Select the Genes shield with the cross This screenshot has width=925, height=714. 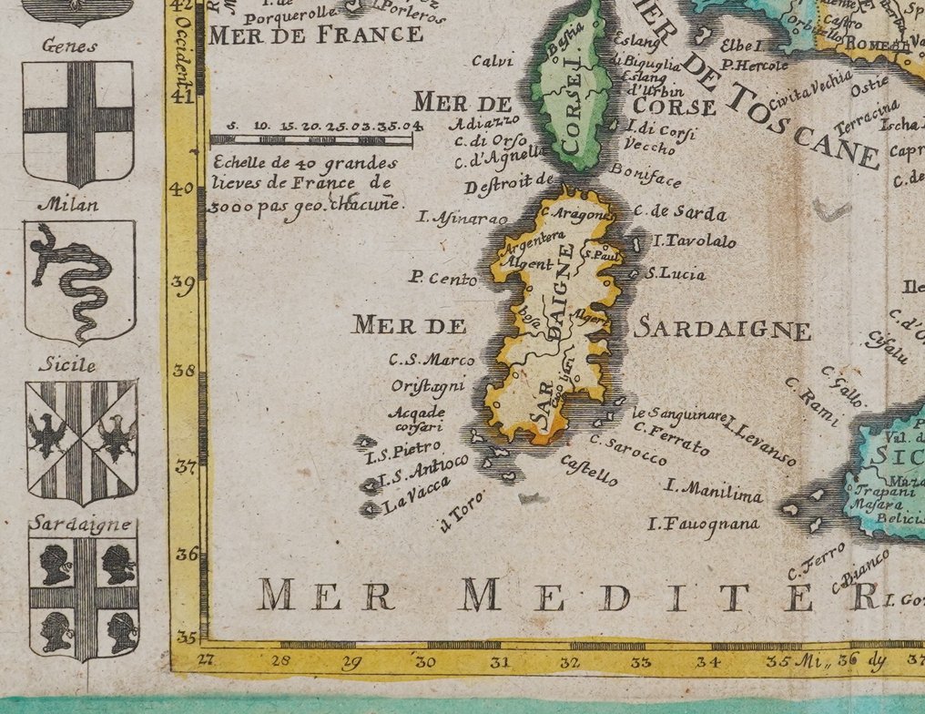(x=78, y=121)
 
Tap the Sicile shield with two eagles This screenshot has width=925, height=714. (x=81, y=442)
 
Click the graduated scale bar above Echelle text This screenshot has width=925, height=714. (x=310, y=140)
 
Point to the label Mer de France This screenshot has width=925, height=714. (x=316, y=36)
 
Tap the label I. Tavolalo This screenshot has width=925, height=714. (x=695, y=242)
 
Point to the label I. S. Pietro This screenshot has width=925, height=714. (x=403, y=452)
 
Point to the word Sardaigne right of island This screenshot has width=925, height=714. (x=722, y=330)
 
